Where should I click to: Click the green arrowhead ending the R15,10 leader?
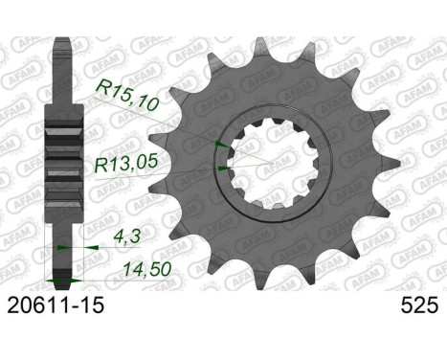223,144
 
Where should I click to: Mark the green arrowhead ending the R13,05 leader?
223,169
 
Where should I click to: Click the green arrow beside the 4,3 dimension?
64,246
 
